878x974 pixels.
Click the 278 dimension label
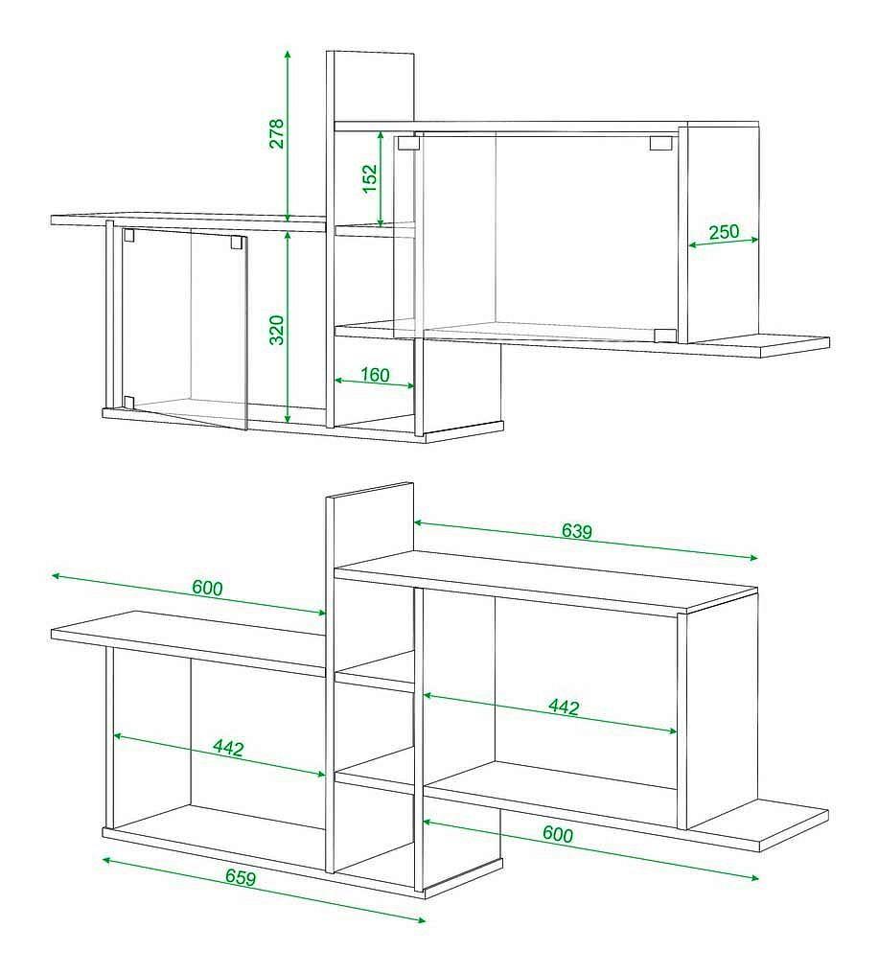point(276,133)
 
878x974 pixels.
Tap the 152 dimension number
point(369,178)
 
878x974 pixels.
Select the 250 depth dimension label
point(724,232)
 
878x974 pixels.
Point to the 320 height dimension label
point(277,330)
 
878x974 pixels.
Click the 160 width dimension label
point(375,375)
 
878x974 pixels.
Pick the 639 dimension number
point(577,530)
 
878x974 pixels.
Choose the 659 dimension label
point(241,877)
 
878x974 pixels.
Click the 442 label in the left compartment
point(228,747)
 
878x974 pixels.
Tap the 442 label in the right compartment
point(564,707)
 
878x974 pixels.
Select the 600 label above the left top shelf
point(207,588)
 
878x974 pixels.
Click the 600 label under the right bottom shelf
point(558,834)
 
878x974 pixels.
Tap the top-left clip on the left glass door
point(128,235)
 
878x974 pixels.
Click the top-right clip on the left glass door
point(237,242)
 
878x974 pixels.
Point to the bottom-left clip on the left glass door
point(128,403)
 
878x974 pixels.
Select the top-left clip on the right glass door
point(408,143)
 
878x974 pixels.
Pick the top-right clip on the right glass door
point(661,143)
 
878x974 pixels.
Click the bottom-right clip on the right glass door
point(665,336)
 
